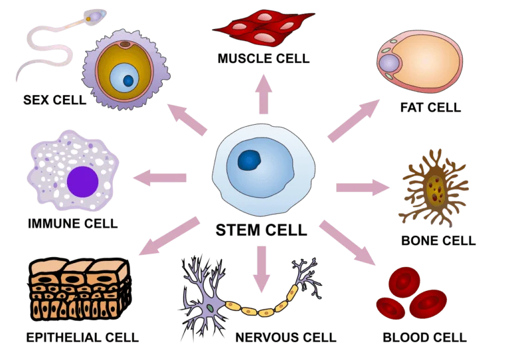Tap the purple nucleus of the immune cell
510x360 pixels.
tap(82, 182)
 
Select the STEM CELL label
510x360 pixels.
tap(261, 230)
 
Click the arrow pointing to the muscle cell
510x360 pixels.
tap(264, 94)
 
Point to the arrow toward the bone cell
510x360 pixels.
tap(363, 188)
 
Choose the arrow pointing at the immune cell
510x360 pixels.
tap(159, 177)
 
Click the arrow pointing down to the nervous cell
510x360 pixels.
tap(262, 269)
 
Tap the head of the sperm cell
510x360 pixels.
tap(95, 16)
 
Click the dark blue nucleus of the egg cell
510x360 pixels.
tap(128, 80)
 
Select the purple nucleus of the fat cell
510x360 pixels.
tap(389, 63)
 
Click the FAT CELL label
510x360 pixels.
tap(430, 108)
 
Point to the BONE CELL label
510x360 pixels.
tap(438, 240)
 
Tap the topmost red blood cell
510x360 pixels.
tap(404, 282)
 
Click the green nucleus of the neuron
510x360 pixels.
tap(211, 307)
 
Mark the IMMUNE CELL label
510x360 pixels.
tap(72, 223)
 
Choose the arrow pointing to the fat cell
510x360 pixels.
tap(353, 121)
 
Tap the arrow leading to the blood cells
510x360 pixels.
tap(347, 242)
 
